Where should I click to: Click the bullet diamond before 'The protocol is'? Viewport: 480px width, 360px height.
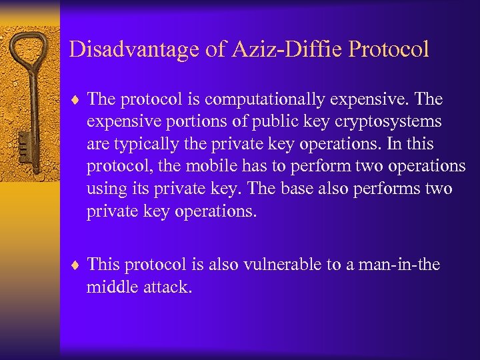76,100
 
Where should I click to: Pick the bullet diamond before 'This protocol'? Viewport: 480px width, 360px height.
76,265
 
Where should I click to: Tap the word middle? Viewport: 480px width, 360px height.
108,287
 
